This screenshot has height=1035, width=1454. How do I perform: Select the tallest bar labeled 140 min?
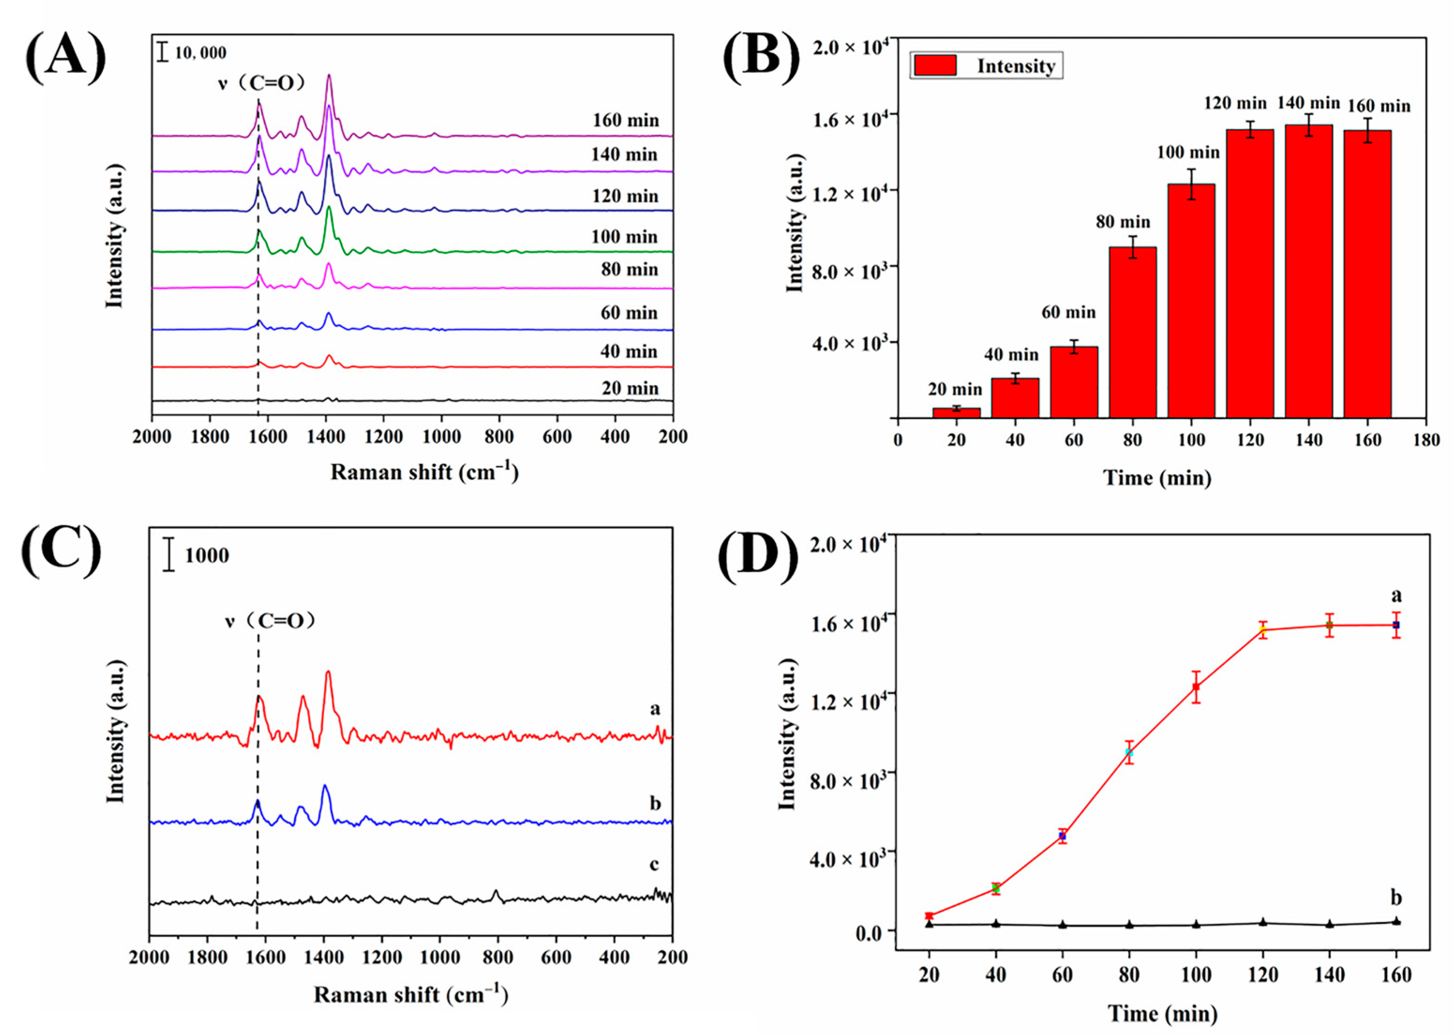tap(1308, 271)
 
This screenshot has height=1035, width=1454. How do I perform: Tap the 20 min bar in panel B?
tap(956, 412)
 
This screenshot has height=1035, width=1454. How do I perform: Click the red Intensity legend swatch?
tap(935, 65)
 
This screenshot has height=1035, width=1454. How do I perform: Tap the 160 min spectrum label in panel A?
tap(626, 120)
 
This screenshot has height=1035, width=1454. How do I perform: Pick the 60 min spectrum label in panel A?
tap(628, 313)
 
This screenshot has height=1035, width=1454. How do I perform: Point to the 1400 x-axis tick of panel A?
tap(326, 437)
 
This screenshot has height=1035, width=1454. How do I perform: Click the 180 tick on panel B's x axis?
tap(1426, 440)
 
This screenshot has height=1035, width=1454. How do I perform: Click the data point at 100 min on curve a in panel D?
tap(1196, 686)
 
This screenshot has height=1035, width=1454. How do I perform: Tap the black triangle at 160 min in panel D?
tap(1396, 921)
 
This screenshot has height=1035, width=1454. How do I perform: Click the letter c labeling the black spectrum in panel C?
tap(654, 864)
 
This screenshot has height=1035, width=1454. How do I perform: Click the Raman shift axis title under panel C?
tap(411, 995)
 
